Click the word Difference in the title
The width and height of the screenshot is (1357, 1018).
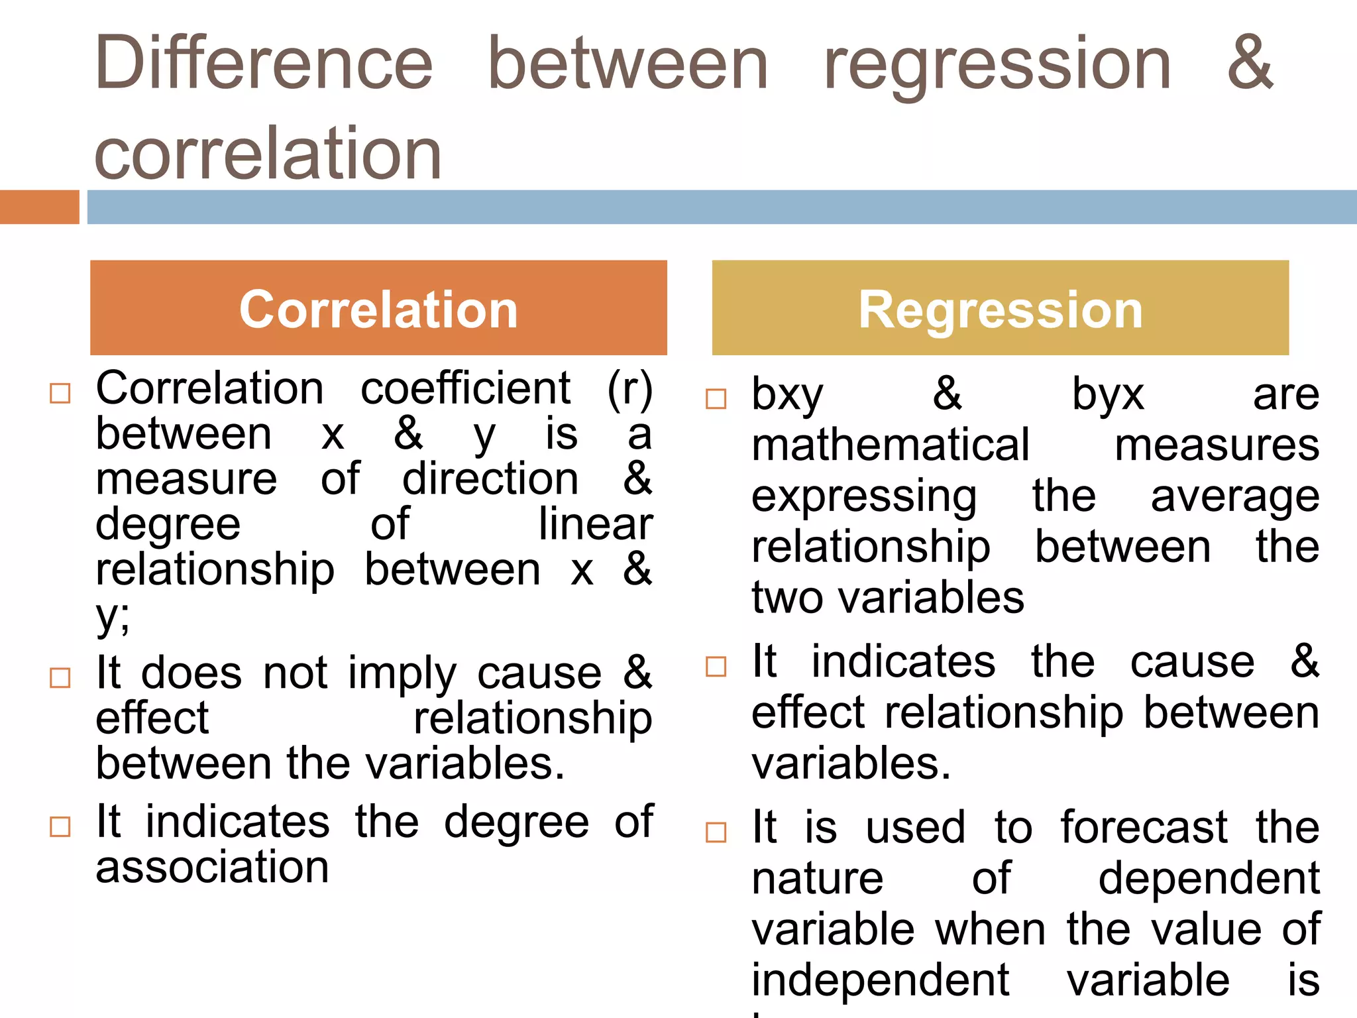(x=264, y=64)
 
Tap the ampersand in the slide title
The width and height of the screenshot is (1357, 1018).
(x=1250, y=64)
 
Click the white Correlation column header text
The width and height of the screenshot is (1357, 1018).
(x=378, y=310)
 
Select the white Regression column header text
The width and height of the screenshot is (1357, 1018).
(x=1001, y=310)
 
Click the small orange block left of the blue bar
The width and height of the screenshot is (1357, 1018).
(x=39, y=207)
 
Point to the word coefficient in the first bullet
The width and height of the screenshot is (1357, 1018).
(x=465, y=388)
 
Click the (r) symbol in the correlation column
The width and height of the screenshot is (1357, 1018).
(x=629, y=390)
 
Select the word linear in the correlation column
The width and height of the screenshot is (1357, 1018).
(x=595, y=524)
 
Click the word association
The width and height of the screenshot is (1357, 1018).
(x=212, y=867)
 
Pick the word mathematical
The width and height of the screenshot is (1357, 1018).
(x=891, y=445)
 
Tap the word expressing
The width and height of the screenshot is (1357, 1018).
(x=864, y=497)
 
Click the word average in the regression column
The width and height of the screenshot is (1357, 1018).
(x=1234, y=497)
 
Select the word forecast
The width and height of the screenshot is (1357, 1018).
(x=1144, y=827)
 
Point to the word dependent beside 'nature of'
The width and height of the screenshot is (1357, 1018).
(x=1209, y=878)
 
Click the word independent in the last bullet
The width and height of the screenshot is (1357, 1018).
(x=880, y=980)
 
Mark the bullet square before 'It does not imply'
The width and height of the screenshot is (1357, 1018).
(x=60, y=678)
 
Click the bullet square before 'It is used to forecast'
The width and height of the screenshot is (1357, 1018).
(x=716, y=832)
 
